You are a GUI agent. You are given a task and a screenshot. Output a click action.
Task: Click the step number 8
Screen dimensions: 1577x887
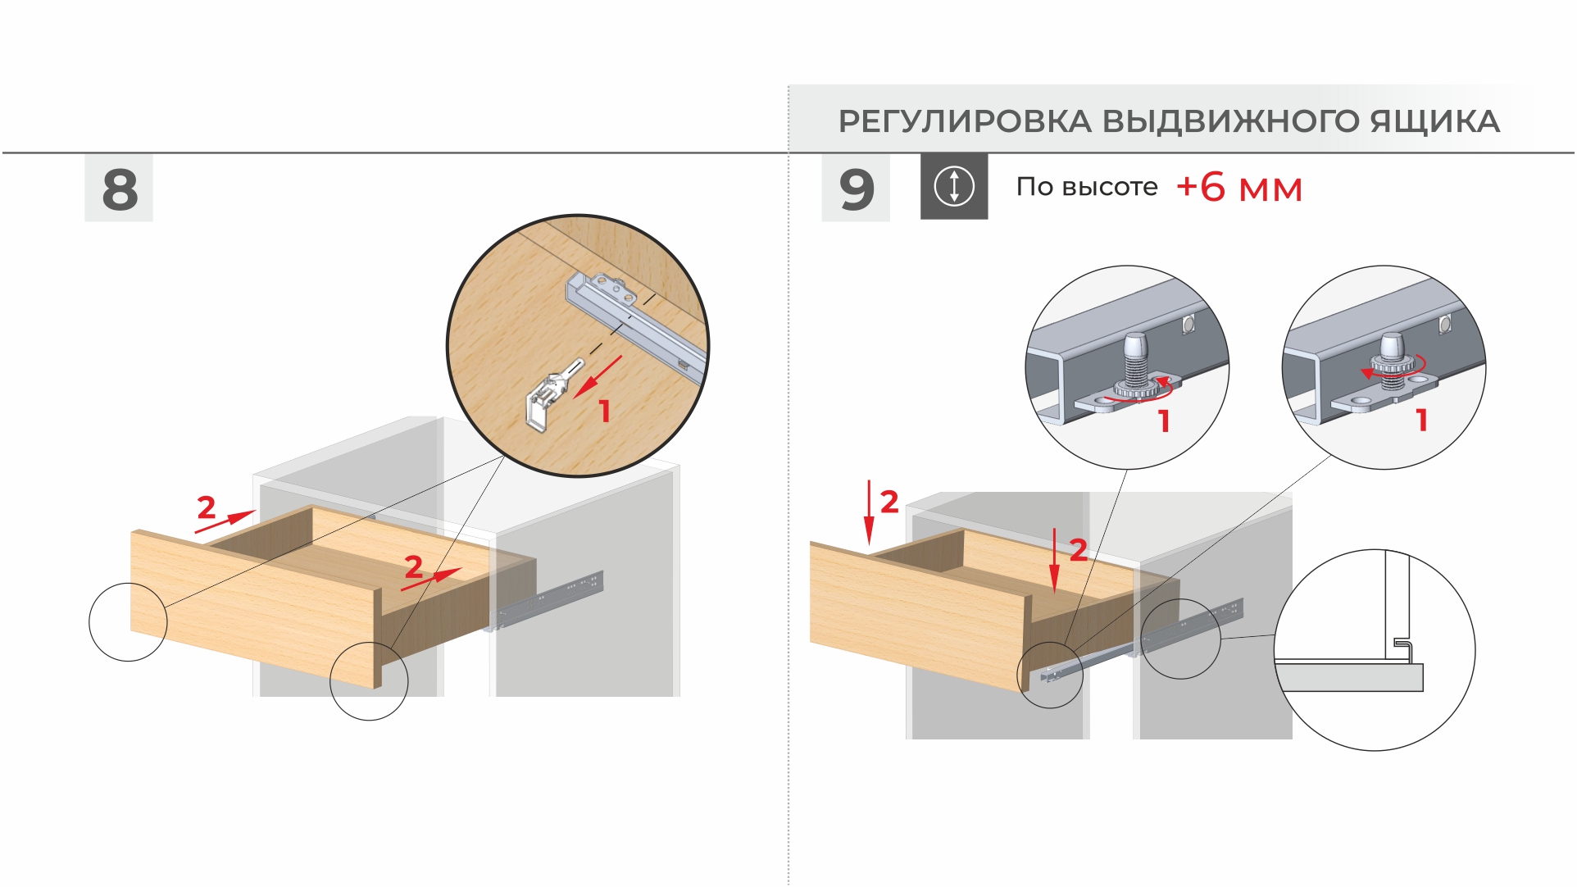click(120, 189)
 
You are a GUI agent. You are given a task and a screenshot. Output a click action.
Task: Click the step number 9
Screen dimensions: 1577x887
click(857, 189)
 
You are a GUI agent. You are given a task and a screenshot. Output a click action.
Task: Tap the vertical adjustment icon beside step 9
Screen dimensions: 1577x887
click(954, 186)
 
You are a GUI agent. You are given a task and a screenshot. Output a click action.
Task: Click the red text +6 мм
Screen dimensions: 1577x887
click(1239, 188)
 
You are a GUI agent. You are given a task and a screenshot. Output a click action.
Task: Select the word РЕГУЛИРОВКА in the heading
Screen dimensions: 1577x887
click(965, 121)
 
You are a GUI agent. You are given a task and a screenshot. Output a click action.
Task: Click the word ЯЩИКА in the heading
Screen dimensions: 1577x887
click(1435, 121)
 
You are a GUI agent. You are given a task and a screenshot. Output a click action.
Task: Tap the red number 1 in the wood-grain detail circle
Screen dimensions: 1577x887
click(605, 411)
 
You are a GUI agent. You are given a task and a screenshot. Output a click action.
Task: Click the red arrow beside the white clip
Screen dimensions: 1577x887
click(598, 376)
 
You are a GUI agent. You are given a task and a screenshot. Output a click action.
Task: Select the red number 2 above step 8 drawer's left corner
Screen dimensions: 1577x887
click(207, 507)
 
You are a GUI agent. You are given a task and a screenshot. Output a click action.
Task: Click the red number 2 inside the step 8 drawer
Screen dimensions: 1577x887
click(414, 566)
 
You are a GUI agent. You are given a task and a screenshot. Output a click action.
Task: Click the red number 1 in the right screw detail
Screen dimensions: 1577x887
click(1422, 421)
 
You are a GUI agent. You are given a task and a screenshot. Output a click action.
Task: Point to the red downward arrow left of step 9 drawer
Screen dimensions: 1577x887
click(869, 513)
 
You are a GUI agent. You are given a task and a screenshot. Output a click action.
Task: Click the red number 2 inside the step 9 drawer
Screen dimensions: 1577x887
click(1079, 549)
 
